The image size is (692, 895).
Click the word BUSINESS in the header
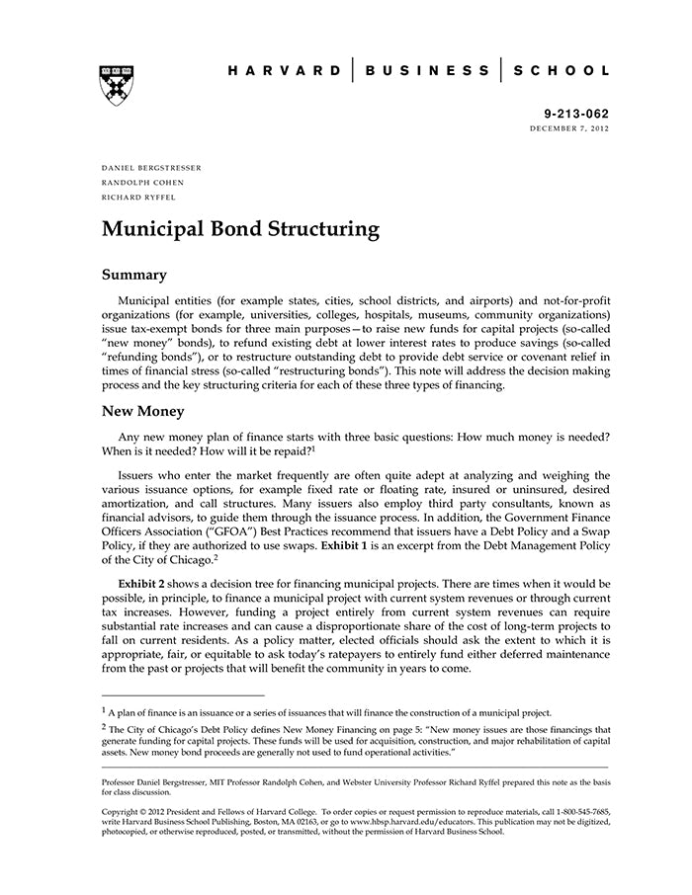click(x=427, y=71)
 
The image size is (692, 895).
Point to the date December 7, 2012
click(x=569, y=129)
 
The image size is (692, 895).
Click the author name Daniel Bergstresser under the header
click(x=151, y=168)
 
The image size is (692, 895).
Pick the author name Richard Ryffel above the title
click(x=138, y=197)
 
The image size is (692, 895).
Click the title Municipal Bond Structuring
click(x=240, y=230)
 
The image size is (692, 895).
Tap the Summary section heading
click(x=133, y=275)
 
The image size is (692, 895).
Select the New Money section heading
click(x=150, y=410)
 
